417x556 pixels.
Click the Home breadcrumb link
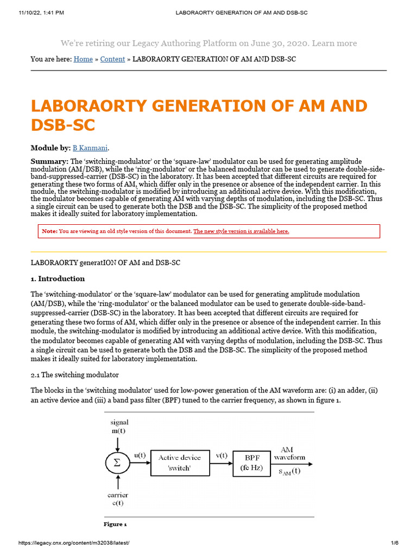click(x=83, y=59)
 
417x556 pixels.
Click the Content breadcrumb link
click(x=113, y=59)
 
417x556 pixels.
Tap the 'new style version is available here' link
click(x=242, y=231)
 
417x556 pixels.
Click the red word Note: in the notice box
click(x=49, y=231)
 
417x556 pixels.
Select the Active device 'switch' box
click(x=179, y=463)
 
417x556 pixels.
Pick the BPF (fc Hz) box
click(x=251, y=463)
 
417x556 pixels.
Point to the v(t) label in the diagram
click(x=222, y=456)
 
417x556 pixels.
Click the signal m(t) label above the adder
click(x=119, y=426)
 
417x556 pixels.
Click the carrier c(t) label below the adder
click(x=118, y=500)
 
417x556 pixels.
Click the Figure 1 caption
click(x=115, y=525)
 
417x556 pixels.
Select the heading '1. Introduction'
click(x=58, y=279)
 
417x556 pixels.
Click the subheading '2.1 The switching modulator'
click(x=75, y=375)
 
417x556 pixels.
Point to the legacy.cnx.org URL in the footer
click(x=74, y=543)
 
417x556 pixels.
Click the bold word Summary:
click(x=49, y=162)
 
